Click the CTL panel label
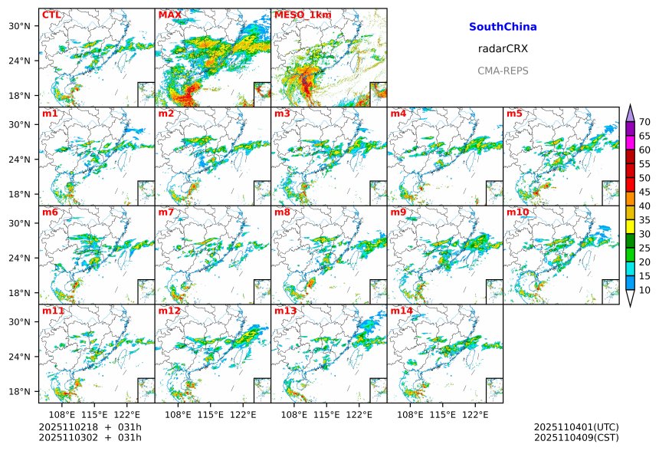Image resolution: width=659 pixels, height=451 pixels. pos(51,15)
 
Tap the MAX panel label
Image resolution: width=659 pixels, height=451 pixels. pos(169,15)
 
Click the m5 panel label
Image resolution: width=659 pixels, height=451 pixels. pos(513,114)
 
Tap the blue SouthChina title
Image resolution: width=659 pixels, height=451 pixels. pos(503,27)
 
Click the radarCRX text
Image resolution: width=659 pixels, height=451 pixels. pos(503,48)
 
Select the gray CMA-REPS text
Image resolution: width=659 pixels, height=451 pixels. pos(503,71)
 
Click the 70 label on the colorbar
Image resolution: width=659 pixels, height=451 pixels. pos(644,122)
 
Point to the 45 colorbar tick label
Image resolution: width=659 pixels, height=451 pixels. pos(644,192)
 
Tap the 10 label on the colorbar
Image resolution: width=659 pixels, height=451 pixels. pos(644,290)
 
